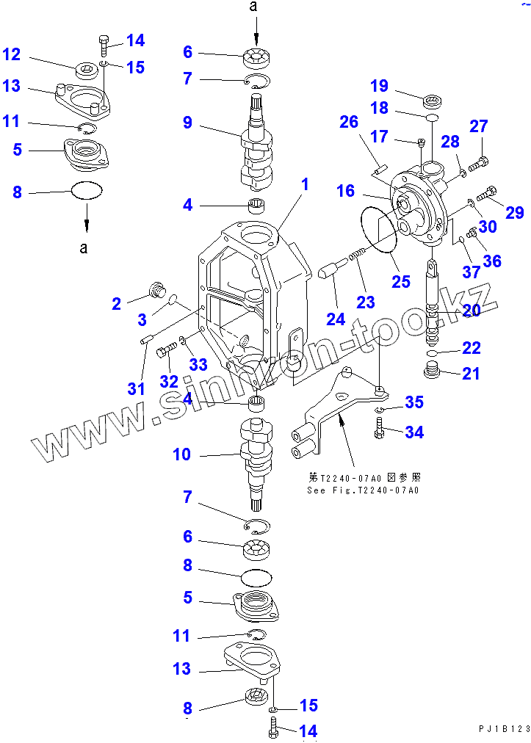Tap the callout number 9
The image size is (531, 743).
[x=188, y=123]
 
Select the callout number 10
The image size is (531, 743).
[x=181, y=454]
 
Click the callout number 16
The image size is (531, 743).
[x=345, y=192]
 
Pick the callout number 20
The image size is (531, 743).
[x=471, y=311]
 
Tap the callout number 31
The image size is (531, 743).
[x=136, y=388]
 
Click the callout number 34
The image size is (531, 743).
[x=414, y=432]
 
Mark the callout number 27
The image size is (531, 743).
[x=479, y=126]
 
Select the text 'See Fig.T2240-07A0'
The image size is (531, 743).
[x=363, y=490]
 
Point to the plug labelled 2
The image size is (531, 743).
[x=155, y=289]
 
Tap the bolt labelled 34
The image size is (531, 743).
[x=379, y=426]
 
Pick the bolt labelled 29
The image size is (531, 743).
[x=485, y=195]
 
